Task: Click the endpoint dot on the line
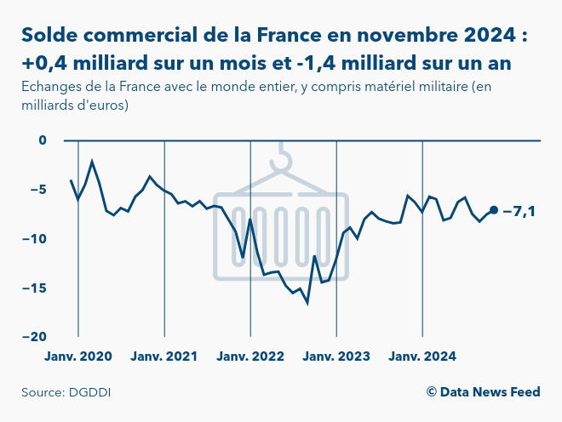click(494, 210)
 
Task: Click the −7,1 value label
click(519, 211)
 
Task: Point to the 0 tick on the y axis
click(44, 140)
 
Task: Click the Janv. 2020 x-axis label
click(78, 356)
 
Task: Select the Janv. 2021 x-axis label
click(164, 356)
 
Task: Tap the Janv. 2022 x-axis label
click(250, 356)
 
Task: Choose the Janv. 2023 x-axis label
click(336, 356)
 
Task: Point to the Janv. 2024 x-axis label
click(422, 356)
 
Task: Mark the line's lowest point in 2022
click(307, 303)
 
